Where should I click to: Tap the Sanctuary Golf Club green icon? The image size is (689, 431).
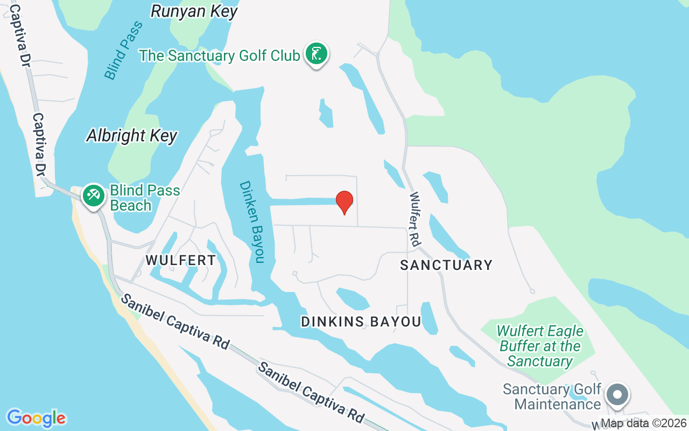(317, 54)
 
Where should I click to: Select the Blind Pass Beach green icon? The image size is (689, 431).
(94, 195)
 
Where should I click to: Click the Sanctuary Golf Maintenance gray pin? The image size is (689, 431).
(617, 395)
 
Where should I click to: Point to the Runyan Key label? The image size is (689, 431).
(194, 11)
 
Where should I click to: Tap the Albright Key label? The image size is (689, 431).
(132, 135)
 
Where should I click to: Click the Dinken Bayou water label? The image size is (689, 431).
(252, 221)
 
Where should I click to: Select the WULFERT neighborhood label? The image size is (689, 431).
(181, 260)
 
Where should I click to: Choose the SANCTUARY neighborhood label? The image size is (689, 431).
(446, 265)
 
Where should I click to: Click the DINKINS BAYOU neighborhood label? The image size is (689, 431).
(361, 322)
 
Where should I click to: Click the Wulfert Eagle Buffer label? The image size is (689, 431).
(540, 346)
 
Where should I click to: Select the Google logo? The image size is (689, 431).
(36, 418)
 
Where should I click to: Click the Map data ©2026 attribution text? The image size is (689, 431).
(643, 423)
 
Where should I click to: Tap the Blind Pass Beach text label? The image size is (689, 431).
(145, 198)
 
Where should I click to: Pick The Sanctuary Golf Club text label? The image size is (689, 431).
(220, 55)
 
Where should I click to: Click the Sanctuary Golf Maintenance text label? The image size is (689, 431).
(552, 397)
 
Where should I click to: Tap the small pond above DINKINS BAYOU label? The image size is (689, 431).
(353, 299)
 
